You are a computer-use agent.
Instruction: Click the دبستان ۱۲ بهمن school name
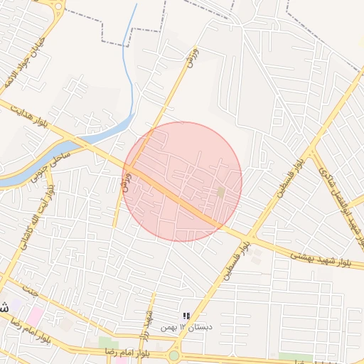click(x=186, y=327)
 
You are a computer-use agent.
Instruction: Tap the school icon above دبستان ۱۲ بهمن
click(x=186, y=316)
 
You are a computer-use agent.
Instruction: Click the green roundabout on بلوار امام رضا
click(x=174, y=355)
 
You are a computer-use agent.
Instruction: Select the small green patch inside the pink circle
click(x=220, y=192)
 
